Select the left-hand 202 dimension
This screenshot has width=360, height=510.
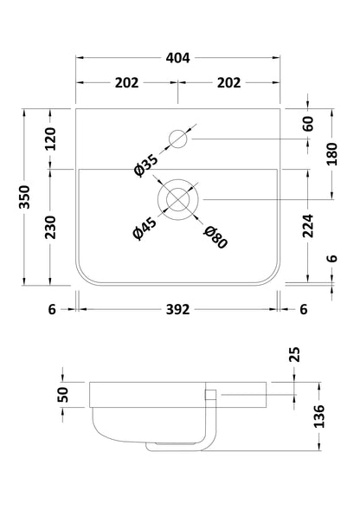pyautogui.click(x=126, y=84)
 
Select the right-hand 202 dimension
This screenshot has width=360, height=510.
pyautogui.click(x=229, y=84)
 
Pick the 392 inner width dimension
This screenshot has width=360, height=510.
pyautogui.click(x=177, y=309)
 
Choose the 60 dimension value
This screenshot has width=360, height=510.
pyautogui.click(x=308, y=124)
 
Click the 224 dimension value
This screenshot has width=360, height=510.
pyautogui.click(x=308, y=226)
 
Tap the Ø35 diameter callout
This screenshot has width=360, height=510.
pyautogui.click(x=146, y=165)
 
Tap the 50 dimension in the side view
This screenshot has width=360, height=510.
pyautogui.click(x=63, y=396)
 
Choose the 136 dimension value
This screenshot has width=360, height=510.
pyautogui.click(x=319, y=415)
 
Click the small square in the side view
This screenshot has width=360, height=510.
pyautogui.click(x=208, y=395)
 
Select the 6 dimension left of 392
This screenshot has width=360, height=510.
pyautogui.click(x=51, y=309)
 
